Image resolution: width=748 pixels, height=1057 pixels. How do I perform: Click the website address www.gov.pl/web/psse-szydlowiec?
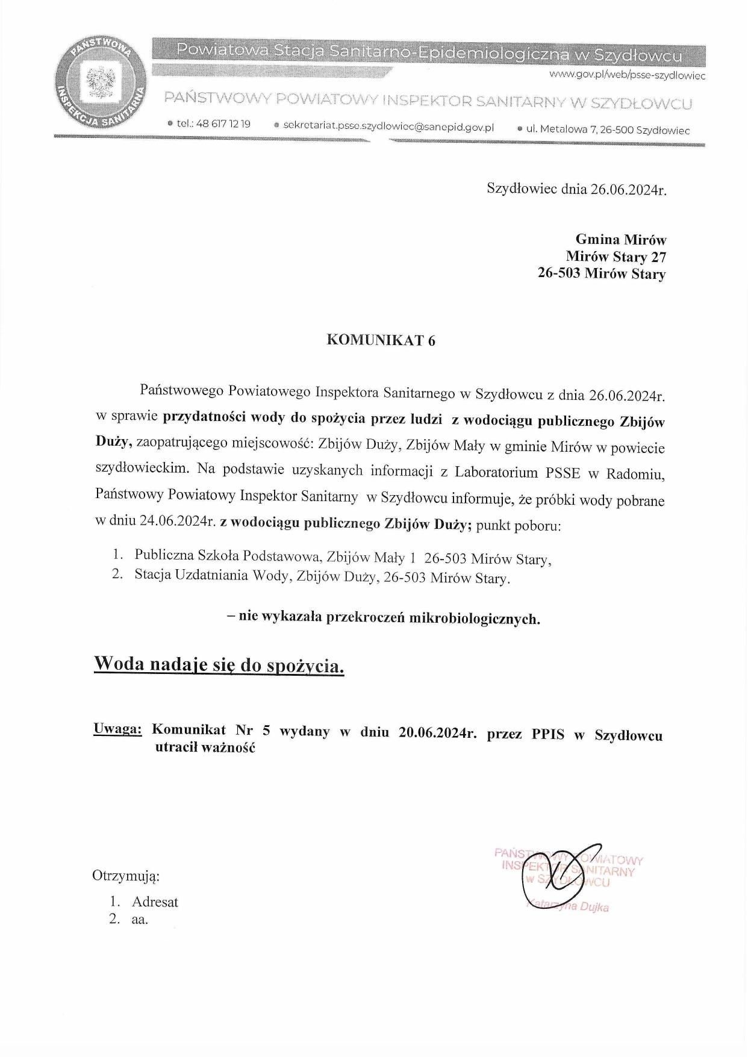point(626,76)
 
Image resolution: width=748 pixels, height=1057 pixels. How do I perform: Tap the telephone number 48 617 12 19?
point(223,124)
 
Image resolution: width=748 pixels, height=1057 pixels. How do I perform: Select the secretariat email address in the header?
point(388,127)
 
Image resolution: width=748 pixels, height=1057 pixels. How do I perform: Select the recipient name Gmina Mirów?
point(620,240)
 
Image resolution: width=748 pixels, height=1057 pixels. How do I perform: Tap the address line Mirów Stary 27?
point(616,257)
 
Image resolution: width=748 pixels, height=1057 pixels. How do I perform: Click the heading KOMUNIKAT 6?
point(381,340)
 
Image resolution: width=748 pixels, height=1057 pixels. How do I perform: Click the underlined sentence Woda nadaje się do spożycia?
point(219,665)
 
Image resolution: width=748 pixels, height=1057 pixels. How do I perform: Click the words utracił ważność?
point(205,748)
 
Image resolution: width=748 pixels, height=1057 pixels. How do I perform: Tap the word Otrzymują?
point(125,876)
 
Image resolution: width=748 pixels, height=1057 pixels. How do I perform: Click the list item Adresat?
point(155,902)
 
